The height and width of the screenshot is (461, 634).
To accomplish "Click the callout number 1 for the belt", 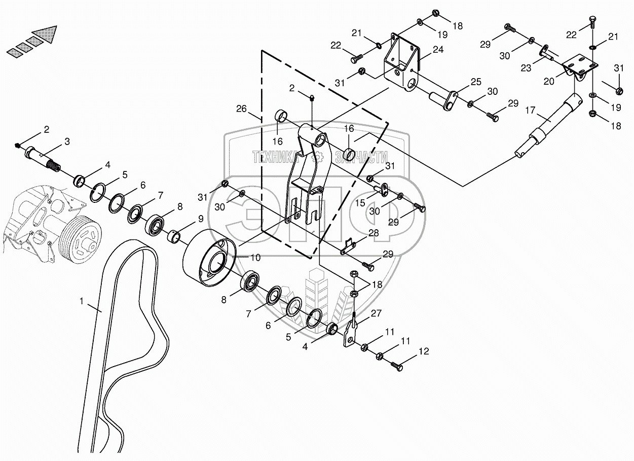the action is click(x=82, y=301).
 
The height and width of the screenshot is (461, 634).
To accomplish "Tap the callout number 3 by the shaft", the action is click(x=67, y=141).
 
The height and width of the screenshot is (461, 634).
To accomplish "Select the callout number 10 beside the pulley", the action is click(x=255, y=258).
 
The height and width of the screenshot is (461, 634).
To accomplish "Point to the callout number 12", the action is click(x=424, y=351).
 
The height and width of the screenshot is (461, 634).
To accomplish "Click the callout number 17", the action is click(x=531, y=110).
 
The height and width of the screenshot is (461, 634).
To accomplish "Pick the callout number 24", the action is click(x=438, y=50).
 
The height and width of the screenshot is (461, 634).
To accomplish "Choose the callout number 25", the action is click(x=476, y=82).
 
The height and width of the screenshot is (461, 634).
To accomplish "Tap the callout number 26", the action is click(x=241, y=109).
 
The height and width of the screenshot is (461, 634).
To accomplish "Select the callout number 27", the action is click(x=376, y=313).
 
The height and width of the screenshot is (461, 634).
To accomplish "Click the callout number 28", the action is click(x=374, y=233).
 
